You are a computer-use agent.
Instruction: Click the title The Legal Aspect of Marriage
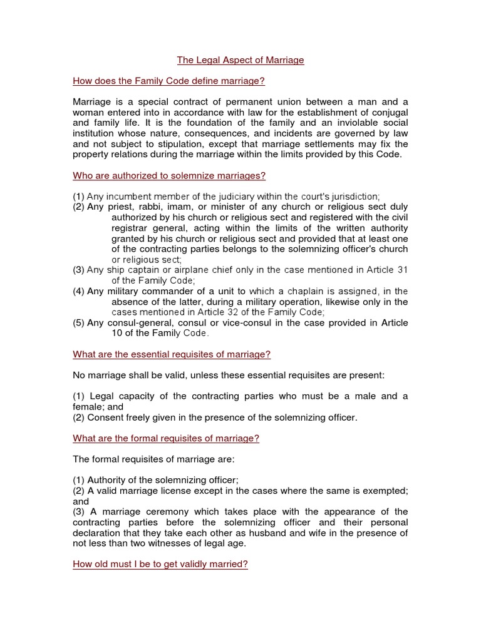[x=240, y=60]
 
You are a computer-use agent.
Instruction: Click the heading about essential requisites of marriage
[x=172, y=354]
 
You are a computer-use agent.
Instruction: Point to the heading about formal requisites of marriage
[x=166, y=438]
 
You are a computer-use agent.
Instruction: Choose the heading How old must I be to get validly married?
[x=160, y=564]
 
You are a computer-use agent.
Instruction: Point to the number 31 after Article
[x=401, y=270]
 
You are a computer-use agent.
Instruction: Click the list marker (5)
[x=79, y=323]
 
